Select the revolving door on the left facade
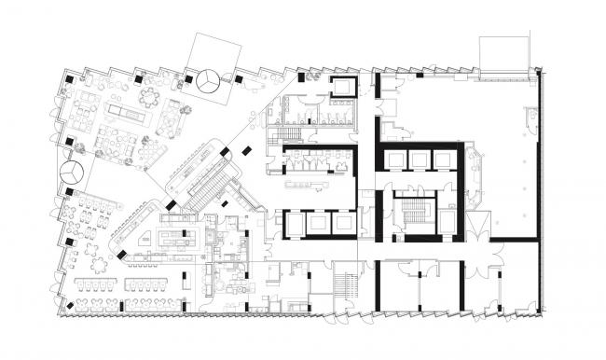[71, 173]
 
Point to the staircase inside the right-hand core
[409, 212]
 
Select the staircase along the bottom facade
[348, 281]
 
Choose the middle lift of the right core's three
[419, 160]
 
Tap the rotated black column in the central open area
[246, 149]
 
